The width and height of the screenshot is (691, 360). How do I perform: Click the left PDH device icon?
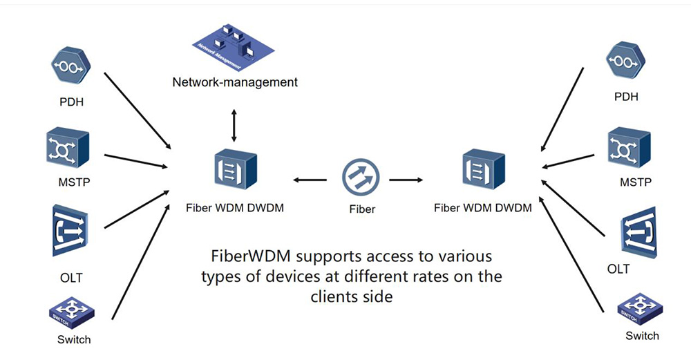coord(68,65)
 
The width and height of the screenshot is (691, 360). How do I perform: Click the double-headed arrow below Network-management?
coord(234,125)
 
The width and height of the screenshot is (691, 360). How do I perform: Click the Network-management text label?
coord(235,82)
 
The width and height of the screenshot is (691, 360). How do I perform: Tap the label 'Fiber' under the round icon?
coord(362,209)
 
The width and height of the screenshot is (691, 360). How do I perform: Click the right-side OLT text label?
coord(618,269)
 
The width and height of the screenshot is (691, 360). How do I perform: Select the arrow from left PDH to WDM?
coord(137,108)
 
